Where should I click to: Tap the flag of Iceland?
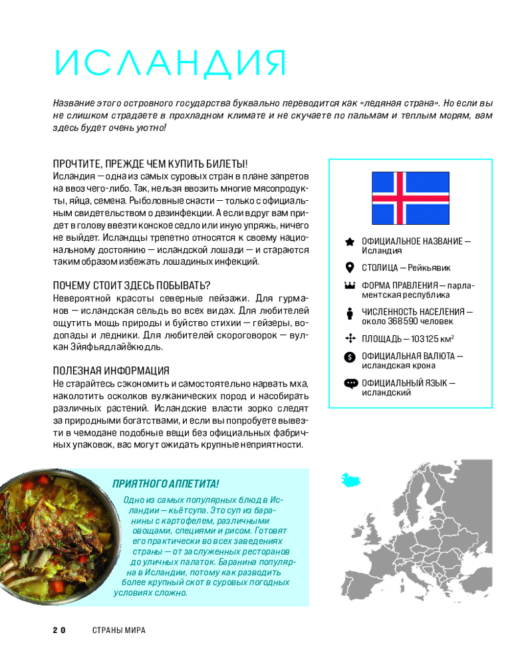(410, 198)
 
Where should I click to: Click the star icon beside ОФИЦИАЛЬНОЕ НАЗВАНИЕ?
(350, 241)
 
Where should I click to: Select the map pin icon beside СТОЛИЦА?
(350, 267)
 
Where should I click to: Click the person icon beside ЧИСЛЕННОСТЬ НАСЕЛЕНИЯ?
(350, 313)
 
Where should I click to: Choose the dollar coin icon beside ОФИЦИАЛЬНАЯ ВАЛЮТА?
(350, 357)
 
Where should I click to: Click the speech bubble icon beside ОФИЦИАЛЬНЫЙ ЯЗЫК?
(350, 383)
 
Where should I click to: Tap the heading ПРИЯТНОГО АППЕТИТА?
(166, 483)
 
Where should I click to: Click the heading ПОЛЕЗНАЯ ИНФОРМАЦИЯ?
(111, 370)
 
